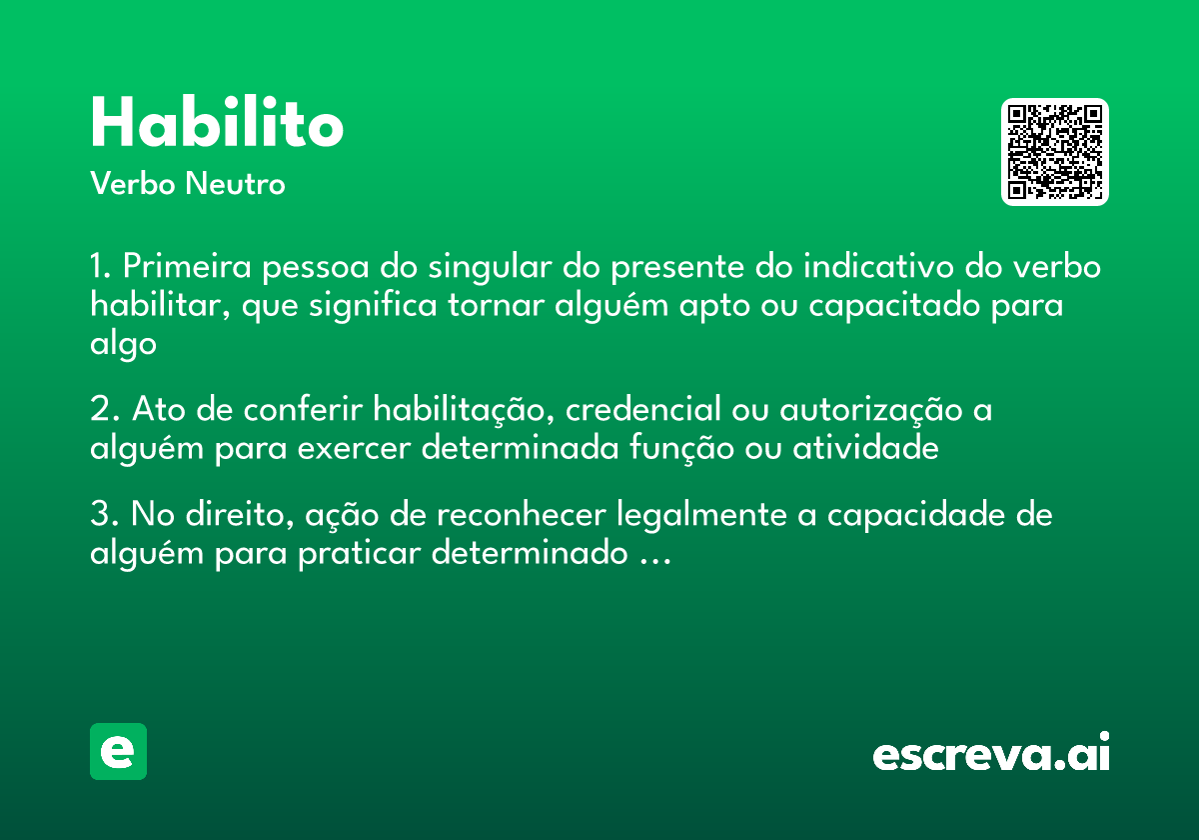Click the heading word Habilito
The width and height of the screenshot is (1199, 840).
[217, 123]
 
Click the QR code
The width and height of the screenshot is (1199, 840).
[1055, 152]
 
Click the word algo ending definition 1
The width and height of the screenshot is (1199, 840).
[123, 345]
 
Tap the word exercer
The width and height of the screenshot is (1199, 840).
[355, 449]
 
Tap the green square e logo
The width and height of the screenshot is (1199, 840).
[118, 752]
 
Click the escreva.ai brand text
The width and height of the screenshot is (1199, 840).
[991, 753]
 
